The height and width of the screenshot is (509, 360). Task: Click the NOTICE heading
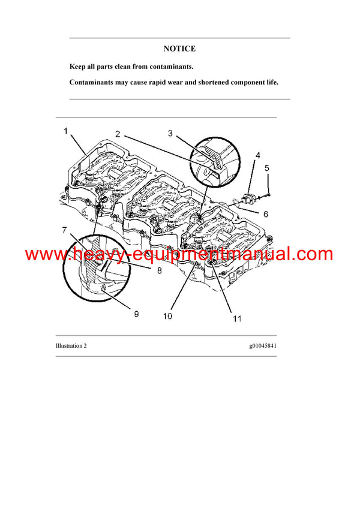[179, 49]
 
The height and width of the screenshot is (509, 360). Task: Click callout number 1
[66, 130]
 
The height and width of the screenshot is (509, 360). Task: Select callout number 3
[170, 133]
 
